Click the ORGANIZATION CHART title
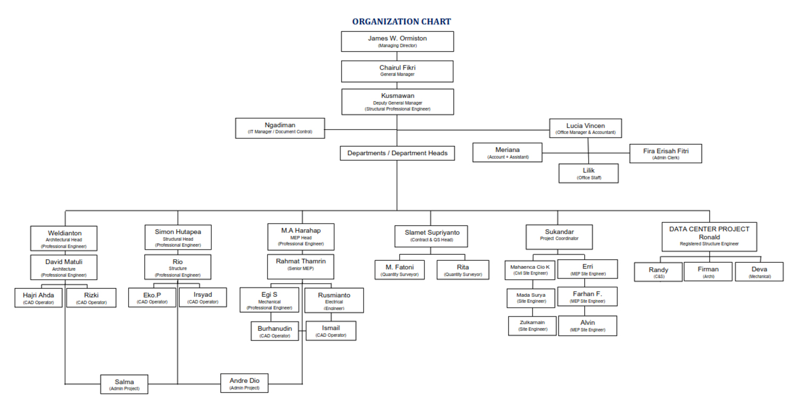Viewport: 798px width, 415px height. click(x=401, y=22)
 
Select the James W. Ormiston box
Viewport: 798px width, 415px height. click(x=397, y=41)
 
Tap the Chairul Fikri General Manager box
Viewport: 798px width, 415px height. click(x=397, y=71)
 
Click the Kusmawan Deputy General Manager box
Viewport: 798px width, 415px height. click(x=397, y=102)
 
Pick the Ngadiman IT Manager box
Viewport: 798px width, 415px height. click(x=280, y=128)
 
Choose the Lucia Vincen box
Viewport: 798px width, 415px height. click(x=585, y=128)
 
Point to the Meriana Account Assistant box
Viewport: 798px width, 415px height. click(x=508, y=153)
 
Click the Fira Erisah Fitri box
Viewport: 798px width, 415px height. click(x=666, y=153)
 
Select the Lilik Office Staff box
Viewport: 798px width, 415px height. click(x=588, y=173)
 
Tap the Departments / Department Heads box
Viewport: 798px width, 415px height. click(x=397, y=153)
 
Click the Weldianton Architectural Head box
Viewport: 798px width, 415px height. click(x=64, y=239)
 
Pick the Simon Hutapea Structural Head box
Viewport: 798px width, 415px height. click(x=178, y=238)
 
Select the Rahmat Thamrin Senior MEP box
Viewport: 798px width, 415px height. click(x=301, y=267)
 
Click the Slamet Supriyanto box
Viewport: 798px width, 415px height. click(x=431, y=236)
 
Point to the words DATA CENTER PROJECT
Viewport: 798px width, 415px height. click(x=709, y=229)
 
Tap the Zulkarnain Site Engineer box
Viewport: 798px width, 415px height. click(x=533, y=326)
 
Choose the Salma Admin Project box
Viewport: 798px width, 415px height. click(x=124, y=384)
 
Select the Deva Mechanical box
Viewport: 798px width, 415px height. click(x=759, y=272)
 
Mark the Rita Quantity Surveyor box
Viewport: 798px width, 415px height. click(x=463, y=270)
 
